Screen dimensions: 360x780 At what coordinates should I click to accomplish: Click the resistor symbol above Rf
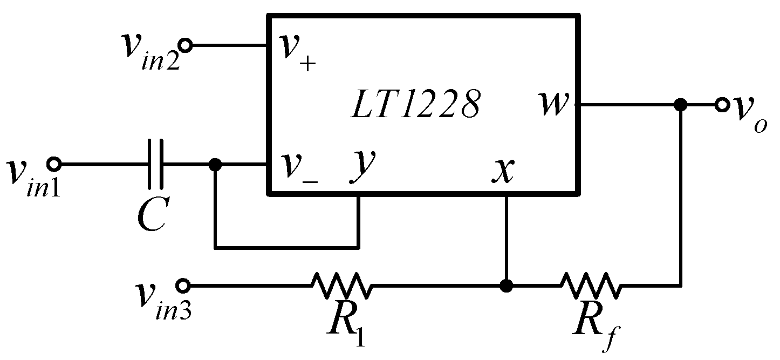click(591, 286)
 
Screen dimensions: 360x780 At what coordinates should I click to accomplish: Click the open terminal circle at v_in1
click(53, 164)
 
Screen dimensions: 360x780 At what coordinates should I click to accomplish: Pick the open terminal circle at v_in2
click(186, 46)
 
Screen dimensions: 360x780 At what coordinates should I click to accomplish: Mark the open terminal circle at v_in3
click(183, 285)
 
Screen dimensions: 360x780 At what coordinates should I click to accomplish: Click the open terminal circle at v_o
click(722, 105)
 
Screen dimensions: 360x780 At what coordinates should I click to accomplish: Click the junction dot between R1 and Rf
click(505, 286)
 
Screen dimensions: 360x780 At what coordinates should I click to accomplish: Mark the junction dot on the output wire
click(681, 105)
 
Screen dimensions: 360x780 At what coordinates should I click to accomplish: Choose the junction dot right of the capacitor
click(215, 164)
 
